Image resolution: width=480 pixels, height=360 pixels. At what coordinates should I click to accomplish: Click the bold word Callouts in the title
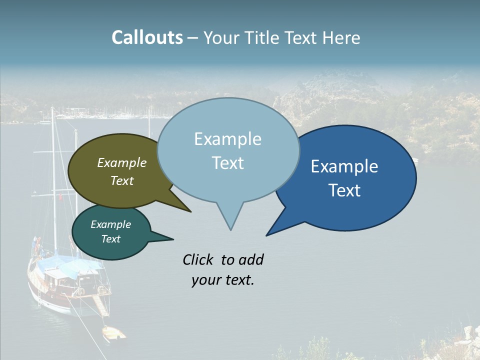point(147,37)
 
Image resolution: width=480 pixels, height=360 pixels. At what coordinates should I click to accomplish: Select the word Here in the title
point(341,38)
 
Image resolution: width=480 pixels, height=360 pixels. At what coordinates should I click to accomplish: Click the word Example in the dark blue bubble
point(344,166)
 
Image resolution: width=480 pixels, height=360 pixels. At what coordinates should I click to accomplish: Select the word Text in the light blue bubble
point(227,162)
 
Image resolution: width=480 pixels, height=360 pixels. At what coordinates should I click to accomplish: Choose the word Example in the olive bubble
point(121,162)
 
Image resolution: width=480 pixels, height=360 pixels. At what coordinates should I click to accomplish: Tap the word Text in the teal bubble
point(110,239)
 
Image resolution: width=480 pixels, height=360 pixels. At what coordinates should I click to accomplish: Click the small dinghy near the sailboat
point(113,332)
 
